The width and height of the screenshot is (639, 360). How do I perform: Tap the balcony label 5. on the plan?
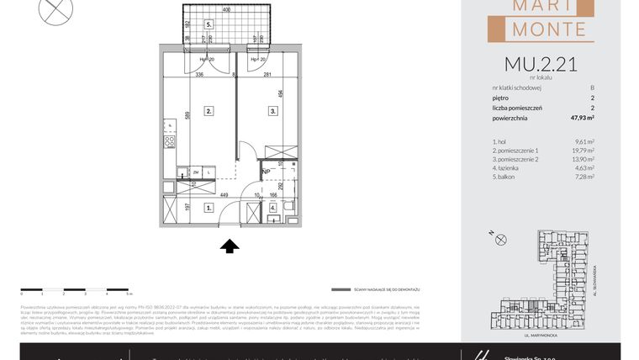(209, 25)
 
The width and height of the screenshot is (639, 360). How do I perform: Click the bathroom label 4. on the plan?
(272, 206)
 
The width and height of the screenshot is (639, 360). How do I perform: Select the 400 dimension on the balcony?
(226, 9)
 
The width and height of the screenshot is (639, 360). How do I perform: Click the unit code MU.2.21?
(541, 64)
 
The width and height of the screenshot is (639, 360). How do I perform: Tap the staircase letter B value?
(592, 87)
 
